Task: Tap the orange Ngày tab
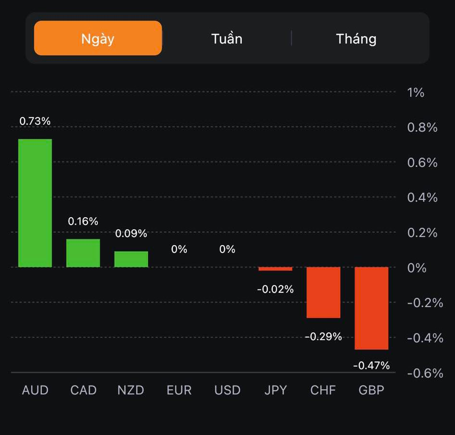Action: coord(98,38)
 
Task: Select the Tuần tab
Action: coord(227,39)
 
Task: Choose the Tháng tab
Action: coord(356,39)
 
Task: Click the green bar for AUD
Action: coord(35,203)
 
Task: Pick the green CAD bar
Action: coord(83,253)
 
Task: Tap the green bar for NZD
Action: coord(131,259)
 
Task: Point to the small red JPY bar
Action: coord(275,269)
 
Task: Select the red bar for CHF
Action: coord(323,292)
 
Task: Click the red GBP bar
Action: coord(371,308)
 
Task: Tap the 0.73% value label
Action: coord(35,121)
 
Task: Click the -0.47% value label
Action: coord(371,366)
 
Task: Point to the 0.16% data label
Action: coord(83,221)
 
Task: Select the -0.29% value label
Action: coord(323,336)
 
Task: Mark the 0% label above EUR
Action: coord(179,249)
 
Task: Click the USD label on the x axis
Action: coord(227,390)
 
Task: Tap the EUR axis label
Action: coord(179,390)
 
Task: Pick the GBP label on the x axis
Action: coord(371,390)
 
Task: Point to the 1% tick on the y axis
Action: coord(416,92)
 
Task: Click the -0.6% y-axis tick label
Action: coord(425,373)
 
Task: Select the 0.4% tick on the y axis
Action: coord(422,198)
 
